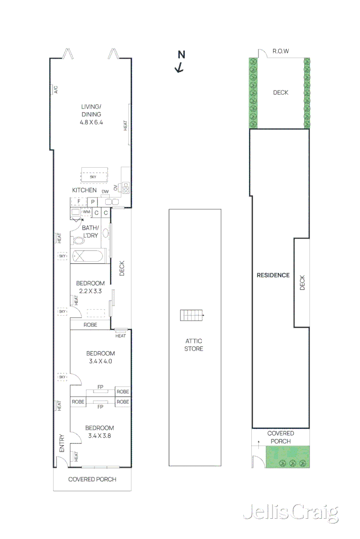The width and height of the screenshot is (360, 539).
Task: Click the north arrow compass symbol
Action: (180, 62)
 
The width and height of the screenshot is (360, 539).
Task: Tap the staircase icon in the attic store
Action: (192, 315)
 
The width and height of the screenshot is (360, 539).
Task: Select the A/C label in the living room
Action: (56, 90)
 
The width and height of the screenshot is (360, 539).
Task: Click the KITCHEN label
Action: (84, 190)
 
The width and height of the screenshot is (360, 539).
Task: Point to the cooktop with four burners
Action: (126, 188)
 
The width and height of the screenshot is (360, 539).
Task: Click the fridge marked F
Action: (79, 202)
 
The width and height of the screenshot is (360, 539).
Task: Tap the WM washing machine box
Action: (86, 213)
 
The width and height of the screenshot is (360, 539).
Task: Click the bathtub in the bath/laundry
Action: (89, 256)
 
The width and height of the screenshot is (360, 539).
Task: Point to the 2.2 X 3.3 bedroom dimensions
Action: (90, 291)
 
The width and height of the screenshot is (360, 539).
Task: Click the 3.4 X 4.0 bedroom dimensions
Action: (100, 361)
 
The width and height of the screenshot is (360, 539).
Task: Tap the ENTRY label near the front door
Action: (62, 443)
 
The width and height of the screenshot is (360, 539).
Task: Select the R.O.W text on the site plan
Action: (281, 51)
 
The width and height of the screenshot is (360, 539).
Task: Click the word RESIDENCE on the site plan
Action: (273, 275)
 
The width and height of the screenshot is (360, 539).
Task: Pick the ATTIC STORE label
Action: (194, 345)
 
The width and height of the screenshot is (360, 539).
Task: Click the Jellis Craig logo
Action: (290, 512)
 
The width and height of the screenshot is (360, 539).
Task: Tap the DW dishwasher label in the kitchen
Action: (105, 192)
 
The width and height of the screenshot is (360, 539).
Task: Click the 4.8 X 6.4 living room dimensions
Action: (92, 122)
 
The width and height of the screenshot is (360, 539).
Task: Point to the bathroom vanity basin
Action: (105, 233)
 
